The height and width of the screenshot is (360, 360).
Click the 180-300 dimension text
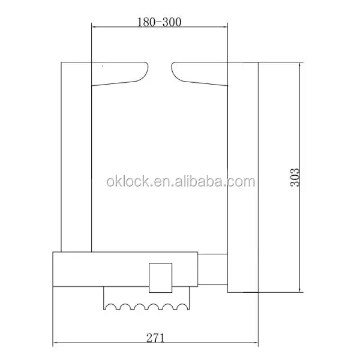[159, 22]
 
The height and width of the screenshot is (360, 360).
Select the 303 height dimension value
[295, 176]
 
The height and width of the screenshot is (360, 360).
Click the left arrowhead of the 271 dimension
[56, 344]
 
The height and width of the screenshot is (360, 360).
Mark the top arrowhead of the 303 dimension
[299, 64]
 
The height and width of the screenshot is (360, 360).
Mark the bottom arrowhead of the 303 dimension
[299, 290]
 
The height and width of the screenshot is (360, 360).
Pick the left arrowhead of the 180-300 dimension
[94, 27]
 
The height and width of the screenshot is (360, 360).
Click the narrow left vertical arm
[76, 156]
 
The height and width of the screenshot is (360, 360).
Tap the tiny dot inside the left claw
[103, 65]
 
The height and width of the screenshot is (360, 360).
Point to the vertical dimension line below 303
[299, 240]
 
